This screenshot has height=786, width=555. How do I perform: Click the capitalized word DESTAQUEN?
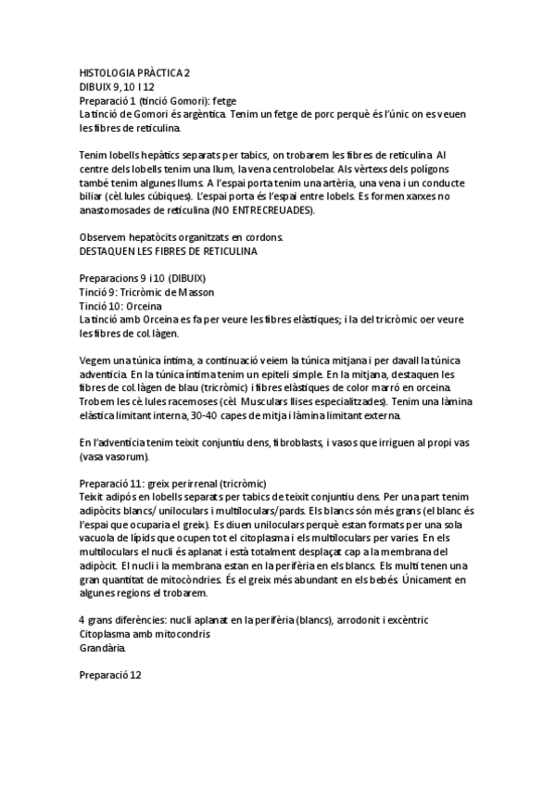(x=111, y=250)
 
